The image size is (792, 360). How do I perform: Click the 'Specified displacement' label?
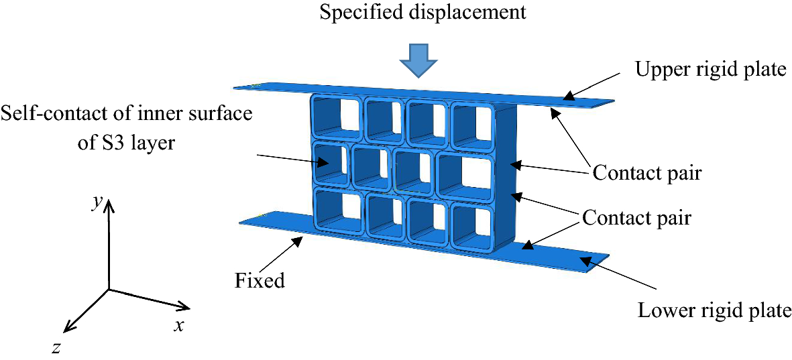[x=417, y=13]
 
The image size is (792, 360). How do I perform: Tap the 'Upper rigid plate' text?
[x=710, y=69]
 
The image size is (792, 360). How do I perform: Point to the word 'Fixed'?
[x=260, y=280]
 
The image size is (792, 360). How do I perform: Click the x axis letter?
[x=178, y=326]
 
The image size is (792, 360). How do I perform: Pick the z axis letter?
[x=57, y=347]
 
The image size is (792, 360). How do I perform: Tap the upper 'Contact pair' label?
[x=646, y=173]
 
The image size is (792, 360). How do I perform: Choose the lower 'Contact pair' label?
[x=636, y=218]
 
